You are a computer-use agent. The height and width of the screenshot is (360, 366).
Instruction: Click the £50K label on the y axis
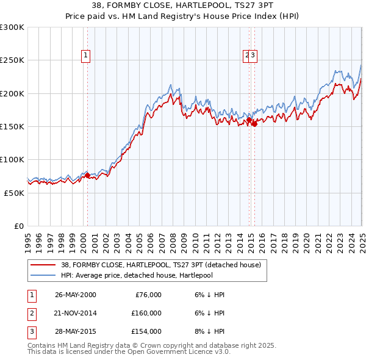pos(13,193)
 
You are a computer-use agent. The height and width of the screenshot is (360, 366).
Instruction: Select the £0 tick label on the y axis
pos(18,226)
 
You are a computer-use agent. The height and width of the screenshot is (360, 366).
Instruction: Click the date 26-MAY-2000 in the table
pos(75,295)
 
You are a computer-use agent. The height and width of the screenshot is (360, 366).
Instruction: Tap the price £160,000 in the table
pos(147,313)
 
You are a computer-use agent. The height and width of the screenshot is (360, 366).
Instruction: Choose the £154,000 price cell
pos(147,331)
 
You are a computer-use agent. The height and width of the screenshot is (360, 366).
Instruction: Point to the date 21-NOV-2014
pos(75,313)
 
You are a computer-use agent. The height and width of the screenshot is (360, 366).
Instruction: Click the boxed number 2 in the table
pos(30,313)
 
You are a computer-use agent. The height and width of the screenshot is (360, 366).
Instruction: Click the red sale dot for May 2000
pos(87,176)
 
